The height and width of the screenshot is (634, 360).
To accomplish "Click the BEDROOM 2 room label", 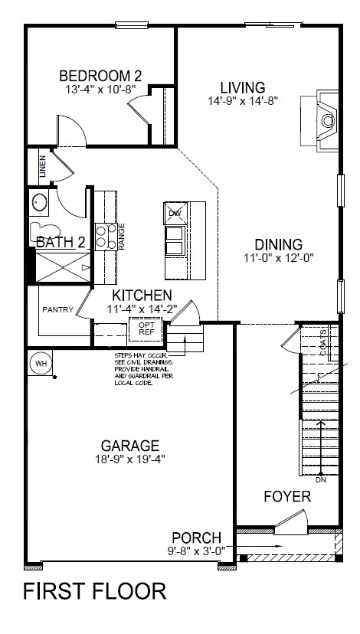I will tap(100, 76).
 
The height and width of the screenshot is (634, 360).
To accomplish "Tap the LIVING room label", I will tap(242, 87).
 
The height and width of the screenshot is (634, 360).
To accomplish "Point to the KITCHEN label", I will tap(142, 296).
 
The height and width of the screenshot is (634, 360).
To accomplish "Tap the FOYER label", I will tap(287, 497).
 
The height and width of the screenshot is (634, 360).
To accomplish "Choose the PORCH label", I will tap(196, 538).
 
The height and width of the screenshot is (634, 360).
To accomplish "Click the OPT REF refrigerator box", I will tap(146, 328).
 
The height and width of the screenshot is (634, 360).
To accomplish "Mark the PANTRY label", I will tap(58, 310).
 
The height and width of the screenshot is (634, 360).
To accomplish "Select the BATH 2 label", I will tap(61, 243).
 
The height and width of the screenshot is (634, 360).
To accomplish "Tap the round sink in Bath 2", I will tap(39, 202).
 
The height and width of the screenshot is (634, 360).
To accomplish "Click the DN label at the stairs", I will tap(320, 481).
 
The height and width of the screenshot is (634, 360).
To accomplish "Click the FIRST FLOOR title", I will tap(94, 592).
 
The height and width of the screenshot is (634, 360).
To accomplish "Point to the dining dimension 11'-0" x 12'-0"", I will tap(279, 258).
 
